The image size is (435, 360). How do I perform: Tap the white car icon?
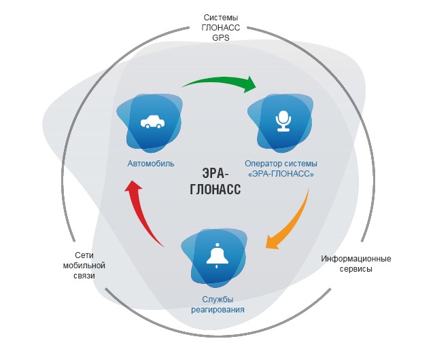[150, 123]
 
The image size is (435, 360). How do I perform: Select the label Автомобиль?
[151, 164]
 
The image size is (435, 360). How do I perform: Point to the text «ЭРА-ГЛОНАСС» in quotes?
[281, 174]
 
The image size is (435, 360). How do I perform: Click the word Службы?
[217, 300]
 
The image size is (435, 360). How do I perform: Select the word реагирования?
[217, 310]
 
